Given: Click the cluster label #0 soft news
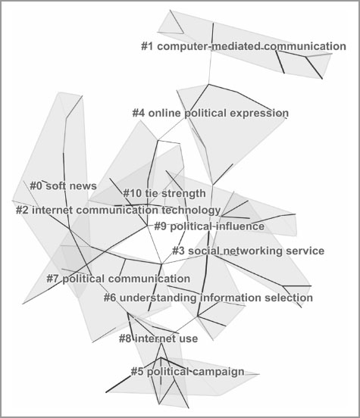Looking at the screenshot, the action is (x=63, y=186).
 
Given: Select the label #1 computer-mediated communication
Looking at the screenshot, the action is (x=243, y=46).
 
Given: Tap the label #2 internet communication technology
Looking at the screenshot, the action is (x=118, y=211).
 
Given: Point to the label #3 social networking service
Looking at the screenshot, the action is (x=248, y=251).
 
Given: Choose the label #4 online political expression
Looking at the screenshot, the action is (x=210, y=113).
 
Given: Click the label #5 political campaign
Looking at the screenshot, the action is (x=187, y=372).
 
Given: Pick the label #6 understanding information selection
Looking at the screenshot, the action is (x=208, y=298).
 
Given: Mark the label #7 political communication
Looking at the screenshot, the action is (x=118, y=279).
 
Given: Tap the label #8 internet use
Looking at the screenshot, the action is (x=158, y=338).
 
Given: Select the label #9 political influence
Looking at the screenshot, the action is (x=209, y=226).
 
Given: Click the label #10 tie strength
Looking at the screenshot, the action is (x=164, y=193).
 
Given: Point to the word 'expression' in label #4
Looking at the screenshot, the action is (x=259, y=114).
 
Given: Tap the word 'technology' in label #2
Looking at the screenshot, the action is (x=191, y=211).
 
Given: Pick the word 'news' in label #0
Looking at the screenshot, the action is (x=84, y=186).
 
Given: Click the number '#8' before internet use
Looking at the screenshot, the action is (x=125, y=338).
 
